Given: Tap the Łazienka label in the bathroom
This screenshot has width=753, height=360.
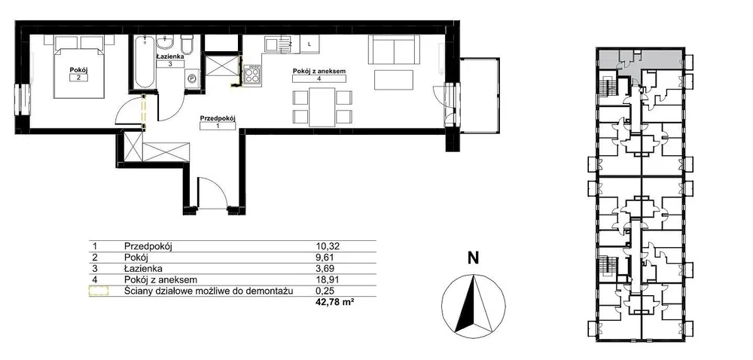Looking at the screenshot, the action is pyautogui.click(x=170, y=56).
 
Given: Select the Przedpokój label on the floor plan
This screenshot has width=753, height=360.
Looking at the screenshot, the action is pyautogui.click(x=218, y=117).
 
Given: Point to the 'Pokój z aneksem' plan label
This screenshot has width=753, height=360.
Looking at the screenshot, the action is pyautogui.click(x=319, y=72).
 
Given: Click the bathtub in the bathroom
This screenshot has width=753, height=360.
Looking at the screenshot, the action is pyautogui.click(x=143, y=62).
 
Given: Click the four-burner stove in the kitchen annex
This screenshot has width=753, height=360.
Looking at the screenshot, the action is pyautogui.click(x=252, y=75).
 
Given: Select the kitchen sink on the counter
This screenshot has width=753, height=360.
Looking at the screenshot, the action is pyautogui.click(x=273, y=44).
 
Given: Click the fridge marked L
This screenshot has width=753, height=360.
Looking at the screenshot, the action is pyautogui.click(x=309, y=44).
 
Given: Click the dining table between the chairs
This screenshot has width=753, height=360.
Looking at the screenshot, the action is pyautogui.click(x=322, y=108).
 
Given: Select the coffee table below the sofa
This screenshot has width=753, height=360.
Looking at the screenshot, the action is pyautogui.click(x=393, y=80).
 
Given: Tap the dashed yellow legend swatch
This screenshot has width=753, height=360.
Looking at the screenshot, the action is pyautogui.click(x=99, y=291).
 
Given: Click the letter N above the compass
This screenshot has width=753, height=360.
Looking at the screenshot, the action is pyautogui.click(x=474, y=259).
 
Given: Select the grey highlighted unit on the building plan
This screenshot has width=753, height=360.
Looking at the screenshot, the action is pyautogui.click(x=639, y=59).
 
